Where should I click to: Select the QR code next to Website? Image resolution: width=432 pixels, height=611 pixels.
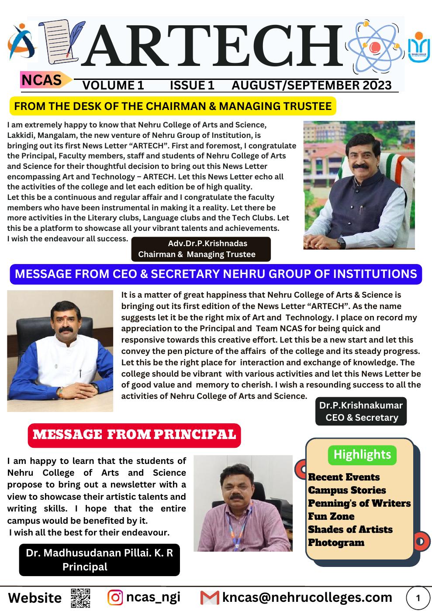tap(80, 597)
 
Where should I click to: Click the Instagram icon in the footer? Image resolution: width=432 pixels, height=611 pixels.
tap(115, 597)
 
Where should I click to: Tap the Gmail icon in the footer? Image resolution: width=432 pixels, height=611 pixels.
tap(209, 597)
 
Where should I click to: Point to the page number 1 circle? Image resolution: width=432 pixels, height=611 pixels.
tap(418, 597)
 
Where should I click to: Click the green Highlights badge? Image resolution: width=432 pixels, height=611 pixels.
tap(362, 455)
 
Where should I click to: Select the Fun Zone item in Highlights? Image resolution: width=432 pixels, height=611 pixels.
tap(331, 516)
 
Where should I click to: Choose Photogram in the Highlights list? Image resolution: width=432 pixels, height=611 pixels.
tap(336, 542)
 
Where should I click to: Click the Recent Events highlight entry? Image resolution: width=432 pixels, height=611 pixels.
tap(344, 477)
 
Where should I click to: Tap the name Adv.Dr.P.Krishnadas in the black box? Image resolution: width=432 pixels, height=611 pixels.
tap(207, 244)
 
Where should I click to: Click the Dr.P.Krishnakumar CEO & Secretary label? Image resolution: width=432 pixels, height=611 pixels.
tap(361, 411)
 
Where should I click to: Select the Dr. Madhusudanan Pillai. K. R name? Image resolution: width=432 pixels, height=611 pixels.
tap(100, 553)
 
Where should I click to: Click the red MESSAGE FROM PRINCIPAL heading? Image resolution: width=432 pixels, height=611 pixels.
tap(134, 435)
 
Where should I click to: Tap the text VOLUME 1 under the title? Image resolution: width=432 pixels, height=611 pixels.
tap(113, 85)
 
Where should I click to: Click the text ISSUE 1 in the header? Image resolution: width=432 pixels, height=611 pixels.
tap(192, 85)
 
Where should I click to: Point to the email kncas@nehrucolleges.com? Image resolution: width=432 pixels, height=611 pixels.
tap(307, 597)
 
